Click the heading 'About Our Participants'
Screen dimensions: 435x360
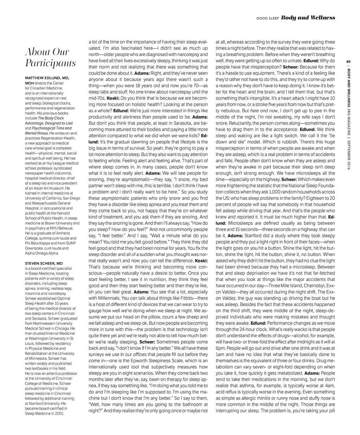click(50, 58)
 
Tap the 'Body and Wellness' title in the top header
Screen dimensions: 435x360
click(308, 18)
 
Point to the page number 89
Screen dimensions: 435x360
click(348, 62)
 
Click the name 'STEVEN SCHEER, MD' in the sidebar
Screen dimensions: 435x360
click(44, 263)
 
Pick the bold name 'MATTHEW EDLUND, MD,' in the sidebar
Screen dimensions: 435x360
click(47, 78)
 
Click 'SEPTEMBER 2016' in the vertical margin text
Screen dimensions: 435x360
click(348, 153)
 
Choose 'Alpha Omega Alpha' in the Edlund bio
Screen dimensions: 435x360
click(42, 253)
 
